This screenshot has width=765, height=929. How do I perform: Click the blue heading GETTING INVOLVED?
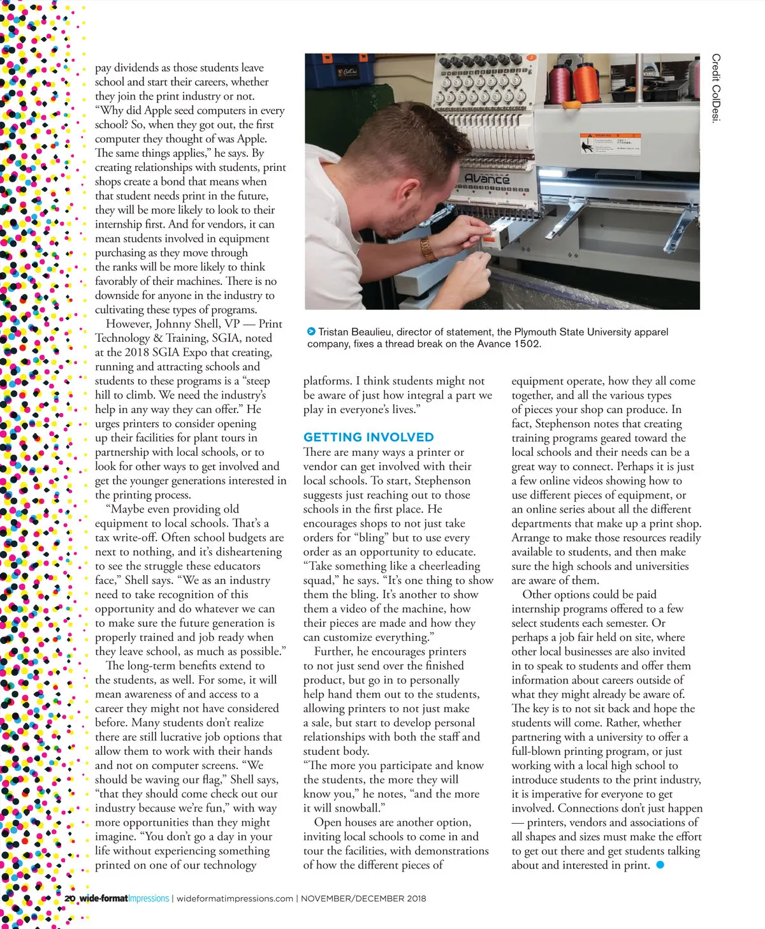pyautogui.click(x=368, y=437)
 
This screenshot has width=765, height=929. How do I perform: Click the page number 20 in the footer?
pyautogui.click(x=69, y=898)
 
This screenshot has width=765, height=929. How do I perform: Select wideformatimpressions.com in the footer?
pyautogui.click(x=235, y=898)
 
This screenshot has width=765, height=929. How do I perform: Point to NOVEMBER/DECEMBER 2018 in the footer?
pyautogui.click(x=363, y=898)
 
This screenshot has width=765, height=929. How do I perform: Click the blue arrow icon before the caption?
pyautogui.click(x=311, y=332)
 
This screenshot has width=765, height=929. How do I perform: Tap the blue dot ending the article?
pyautogui.click(x=660, y=865)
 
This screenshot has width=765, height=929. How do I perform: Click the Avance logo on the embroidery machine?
pyautogui.click(x=487, y=179)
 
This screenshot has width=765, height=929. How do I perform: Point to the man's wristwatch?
pyautogui.click(x=428, y=249)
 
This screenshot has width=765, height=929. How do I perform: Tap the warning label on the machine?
pyautogui.click(x=609, y=144)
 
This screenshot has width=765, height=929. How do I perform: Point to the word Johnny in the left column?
pyautogui.click(x=173, y=324)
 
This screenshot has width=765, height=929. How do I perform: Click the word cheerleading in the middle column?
pyautogui.click(x=446, y=566)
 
